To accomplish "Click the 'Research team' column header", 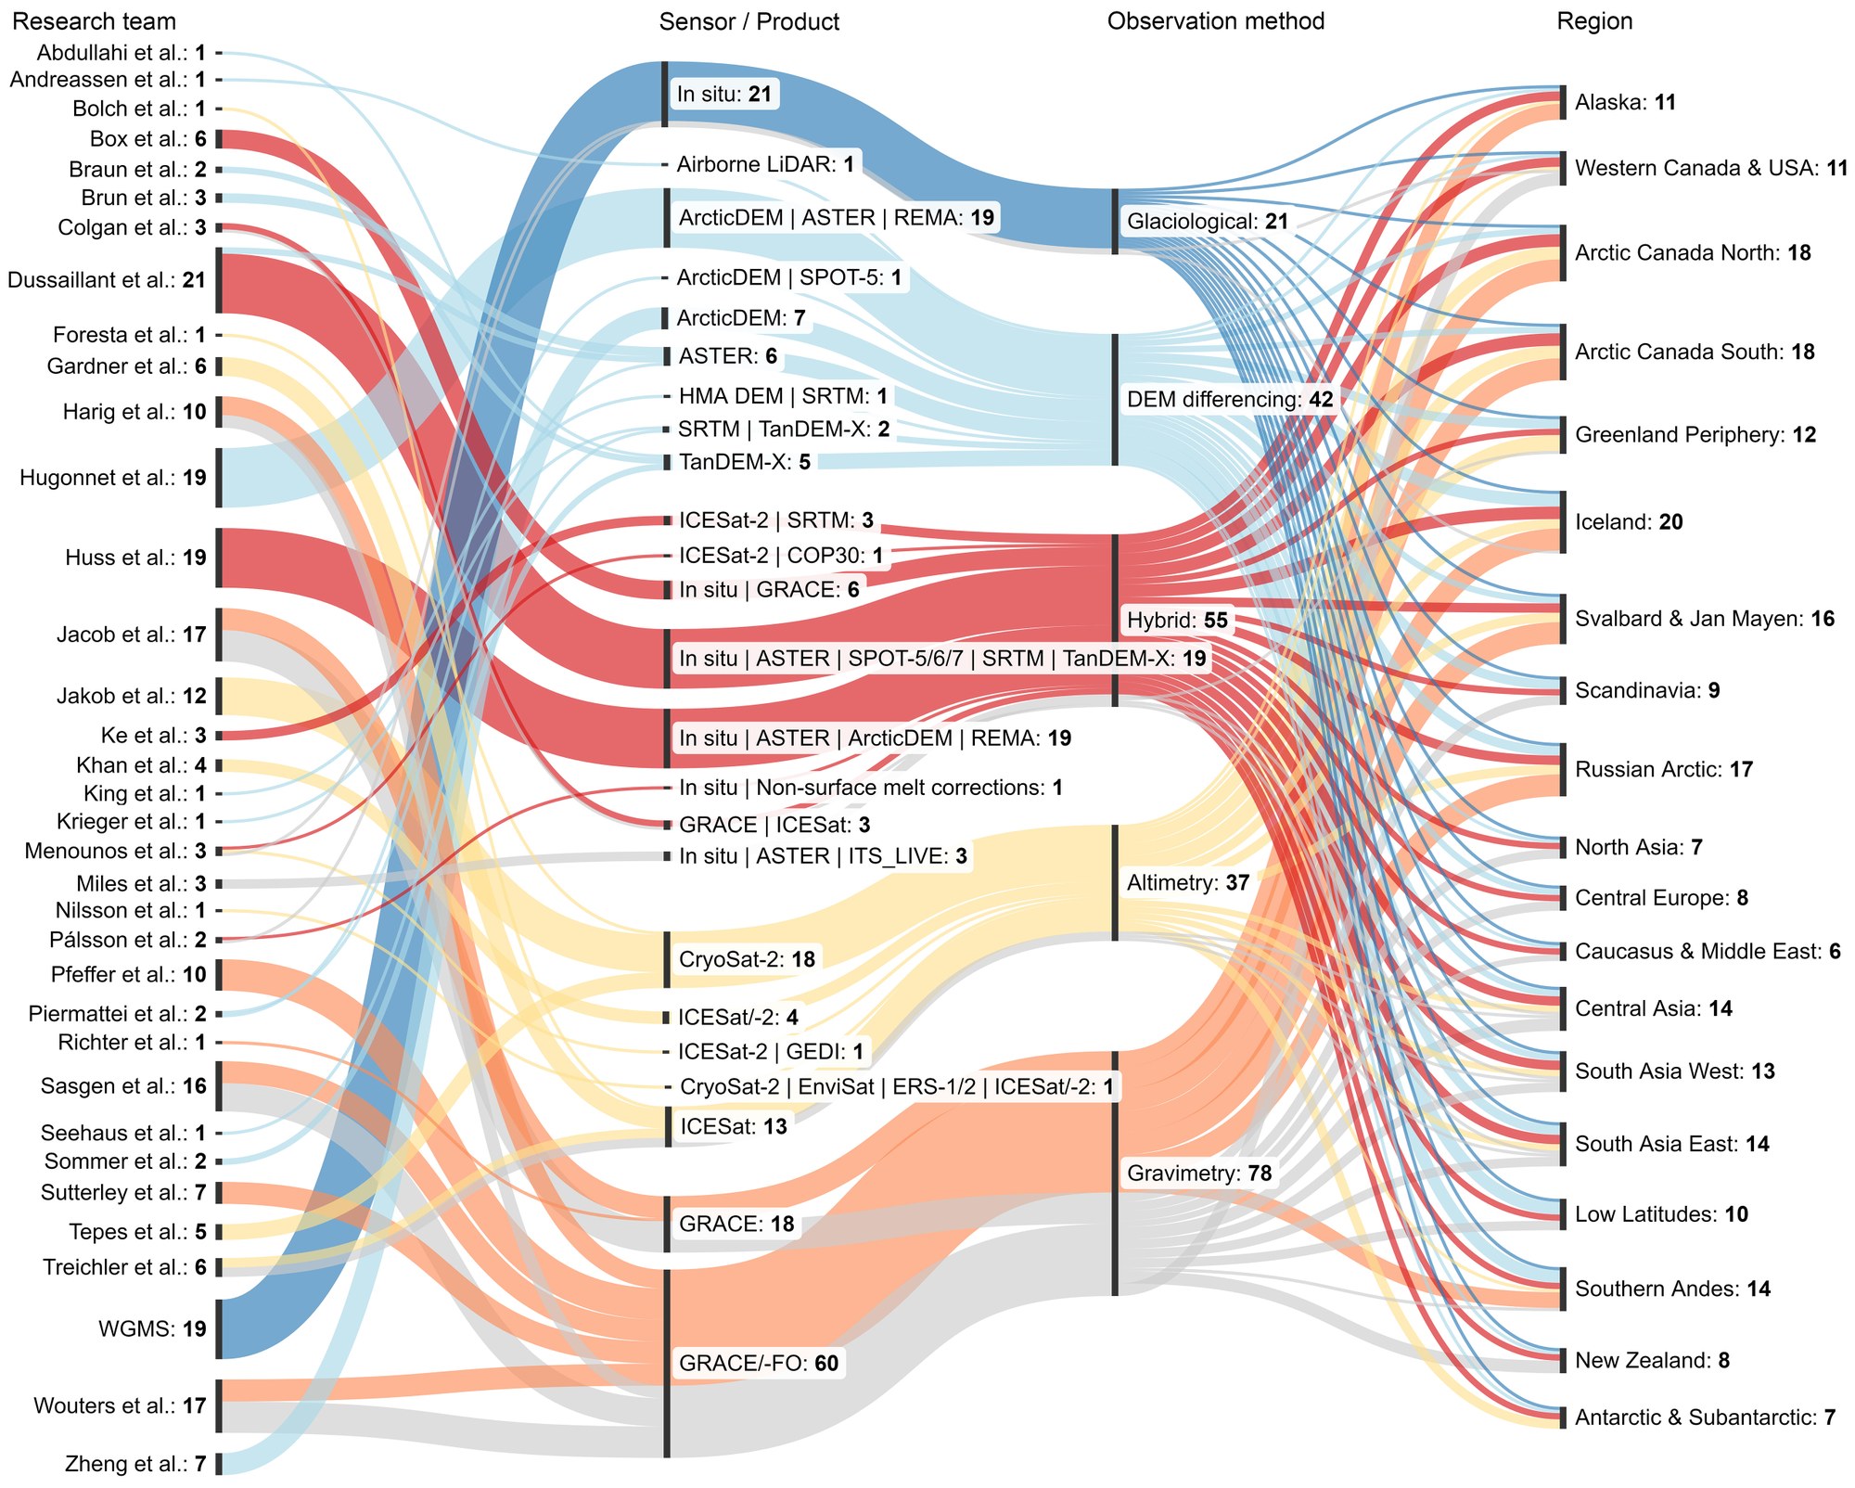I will click(x=94, y=21).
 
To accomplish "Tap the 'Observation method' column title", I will click(x=1215, y=21).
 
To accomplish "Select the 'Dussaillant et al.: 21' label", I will click(x=107, y=279).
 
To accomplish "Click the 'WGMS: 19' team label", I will click(x=152, y=1328).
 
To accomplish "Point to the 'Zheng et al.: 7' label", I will click(x=135, y=1464).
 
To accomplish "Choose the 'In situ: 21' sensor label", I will click(x=723, y=94).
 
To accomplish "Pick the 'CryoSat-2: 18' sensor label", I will click(x=747, y=958).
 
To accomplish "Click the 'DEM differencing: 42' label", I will click(x=1229, y=400).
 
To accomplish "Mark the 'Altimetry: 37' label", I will click(x=1188, y=882).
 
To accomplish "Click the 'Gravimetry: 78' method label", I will click(x=1198, y=1174).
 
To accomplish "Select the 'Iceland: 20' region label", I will click(x=1628, y=522).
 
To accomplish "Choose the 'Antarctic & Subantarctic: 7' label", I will click(x=1705, y=1417).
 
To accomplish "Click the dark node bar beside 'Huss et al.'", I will click(x=219, y=558).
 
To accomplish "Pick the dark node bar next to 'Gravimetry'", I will click(x=1115, y=1174).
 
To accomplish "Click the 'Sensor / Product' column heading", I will click(x=748, y=21).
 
